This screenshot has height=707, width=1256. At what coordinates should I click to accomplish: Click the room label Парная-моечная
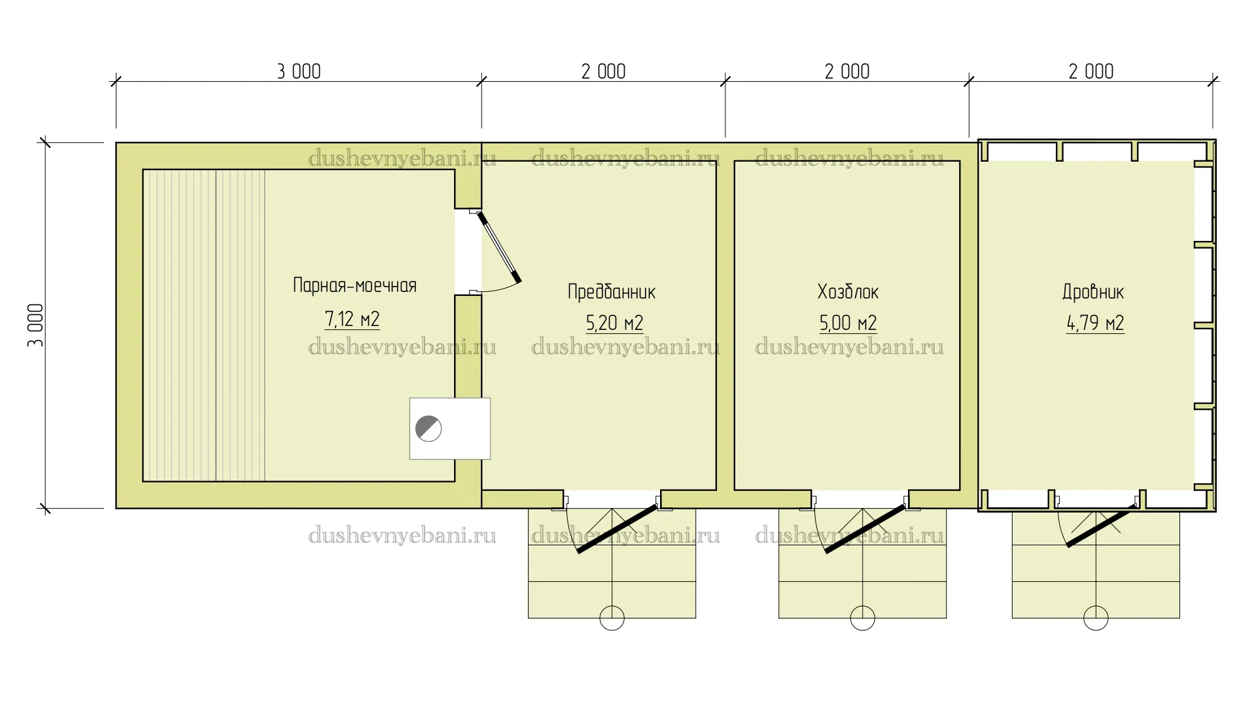[355, 285]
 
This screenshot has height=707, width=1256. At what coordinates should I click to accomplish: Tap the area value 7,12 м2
[352, 319]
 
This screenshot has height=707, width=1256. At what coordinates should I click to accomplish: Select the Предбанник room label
[612, 292]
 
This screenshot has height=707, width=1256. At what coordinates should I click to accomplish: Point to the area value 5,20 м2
[614, 323]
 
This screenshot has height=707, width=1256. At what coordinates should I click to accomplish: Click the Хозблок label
[848, 292]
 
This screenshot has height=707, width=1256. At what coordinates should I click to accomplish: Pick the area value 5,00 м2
[848, 323]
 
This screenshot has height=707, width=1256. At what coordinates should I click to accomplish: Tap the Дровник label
[1093, 292]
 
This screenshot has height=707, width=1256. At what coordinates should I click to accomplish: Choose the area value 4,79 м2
[1095, 323]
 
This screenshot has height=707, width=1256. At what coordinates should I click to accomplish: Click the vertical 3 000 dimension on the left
[36, 325]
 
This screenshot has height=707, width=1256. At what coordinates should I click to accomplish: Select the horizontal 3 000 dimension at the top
[299, 71]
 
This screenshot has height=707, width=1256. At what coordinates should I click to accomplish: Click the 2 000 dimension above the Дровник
[1091, 71]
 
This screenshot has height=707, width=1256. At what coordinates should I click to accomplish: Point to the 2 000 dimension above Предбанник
[603, 71]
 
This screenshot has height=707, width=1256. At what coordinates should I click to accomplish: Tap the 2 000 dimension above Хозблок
[847, 71]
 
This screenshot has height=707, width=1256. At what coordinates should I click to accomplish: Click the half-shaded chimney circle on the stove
[428, 429]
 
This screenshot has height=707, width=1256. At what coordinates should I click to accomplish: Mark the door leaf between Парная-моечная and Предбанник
[499, 247]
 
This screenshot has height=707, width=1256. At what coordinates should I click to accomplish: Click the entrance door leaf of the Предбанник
[617, 529]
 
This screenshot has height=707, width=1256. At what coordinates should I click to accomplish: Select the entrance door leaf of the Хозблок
[865, 529]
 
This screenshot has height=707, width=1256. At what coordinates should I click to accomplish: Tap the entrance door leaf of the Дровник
[1102, 526]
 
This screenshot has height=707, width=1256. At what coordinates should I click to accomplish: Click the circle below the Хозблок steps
[862, 618]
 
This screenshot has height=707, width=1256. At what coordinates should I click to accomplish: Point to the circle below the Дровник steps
[1096, 618]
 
